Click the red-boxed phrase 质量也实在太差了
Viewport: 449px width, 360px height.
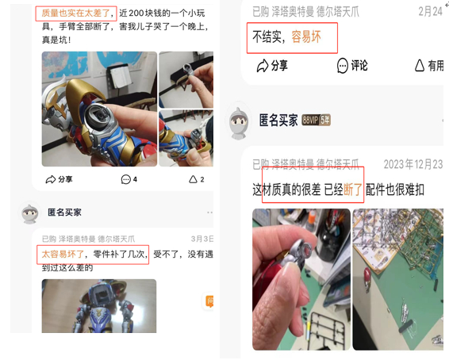(x=76, y=13)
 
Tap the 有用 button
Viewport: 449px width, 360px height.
(x=428, y=66)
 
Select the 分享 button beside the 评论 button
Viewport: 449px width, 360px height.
(x=272, y=66)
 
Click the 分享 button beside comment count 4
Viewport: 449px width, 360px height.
(x=59, y=179)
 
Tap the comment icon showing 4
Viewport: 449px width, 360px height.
(x=129, y=179)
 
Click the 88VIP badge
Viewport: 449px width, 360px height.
(x=314, y=121)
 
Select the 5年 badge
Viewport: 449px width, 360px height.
(x=336, y=121)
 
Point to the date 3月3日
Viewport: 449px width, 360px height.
(x=201, y=238)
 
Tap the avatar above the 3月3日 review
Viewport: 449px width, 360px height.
(x=29, y=213)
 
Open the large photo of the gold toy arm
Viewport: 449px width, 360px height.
(x=98, y=109)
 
